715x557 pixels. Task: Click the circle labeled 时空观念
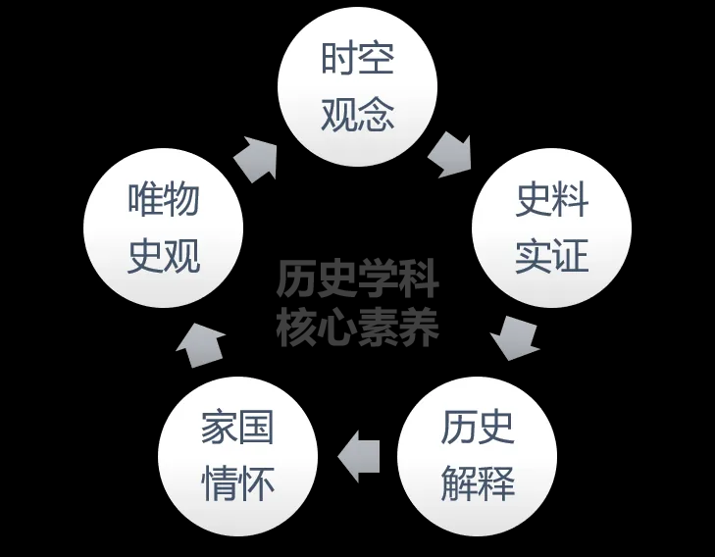click(357, 86)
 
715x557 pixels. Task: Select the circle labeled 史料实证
click(552, 228)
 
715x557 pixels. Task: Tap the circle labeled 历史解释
click(478, 456)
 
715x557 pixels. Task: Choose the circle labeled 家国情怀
click(238, 456)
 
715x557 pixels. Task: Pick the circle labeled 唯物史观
click(164, 228)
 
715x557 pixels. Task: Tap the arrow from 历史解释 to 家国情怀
click(358, 456)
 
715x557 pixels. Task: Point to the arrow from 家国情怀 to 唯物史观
click(200, 345)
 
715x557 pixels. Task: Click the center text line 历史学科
click(358, 278)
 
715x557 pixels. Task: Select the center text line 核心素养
click(358, 327)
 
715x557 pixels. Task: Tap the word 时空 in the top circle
click(358, 58)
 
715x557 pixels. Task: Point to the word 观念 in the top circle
click(358, 115)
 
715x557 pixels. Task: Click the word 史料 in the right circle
click(552, 200)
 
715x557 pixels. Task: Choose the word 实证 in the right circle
click(552, 256)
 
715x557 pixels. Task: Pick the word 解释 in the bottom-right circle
click(478, 483)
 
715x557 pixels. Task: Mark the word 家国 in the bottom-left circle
click(238, 428)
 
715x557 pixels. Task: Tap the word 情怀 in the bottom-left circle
click(238, 483)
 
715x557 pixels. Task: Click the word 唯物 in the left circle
click(164, 200)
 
